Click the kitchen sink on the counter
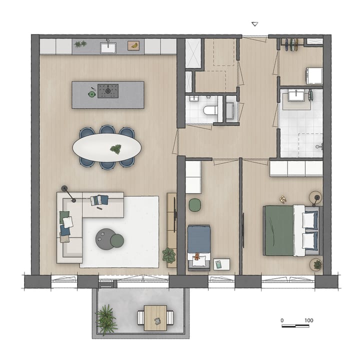coord(107,47)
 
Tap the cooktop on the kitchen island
coord(107,91)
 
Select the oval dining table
coord(107,147)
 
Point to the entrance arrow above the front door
coord(254,24)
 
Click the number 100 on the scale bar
coord(308,320)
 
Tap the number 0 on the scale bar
coord(281,320)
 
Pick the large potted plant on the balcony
coord(106,318)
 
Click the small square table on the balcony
coord(155,317)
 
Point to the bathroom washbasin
coord(298,95)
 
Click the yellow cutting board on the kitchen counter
coord(133,45)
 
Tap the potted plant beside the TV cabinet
coord(169,255)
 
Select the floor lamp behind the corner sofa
coord(65,188)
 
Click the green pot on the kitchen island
coord(92,92)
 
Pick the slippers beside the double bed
coord(283,199)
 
